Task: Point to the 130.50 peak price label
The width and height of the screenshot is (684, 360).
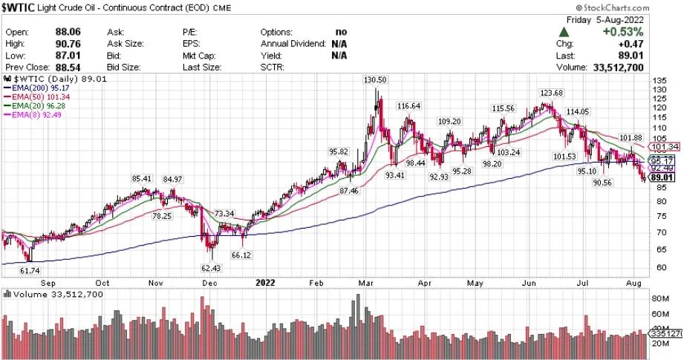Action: (375, 79)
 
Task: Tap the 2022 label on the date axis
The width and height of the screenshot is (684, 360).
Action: (266, 283)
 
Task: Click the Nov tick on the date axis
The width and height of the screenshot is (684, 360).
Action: (155, 283)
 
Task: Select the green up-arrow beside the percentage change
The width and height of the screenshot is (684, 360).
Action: (565, 33)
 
